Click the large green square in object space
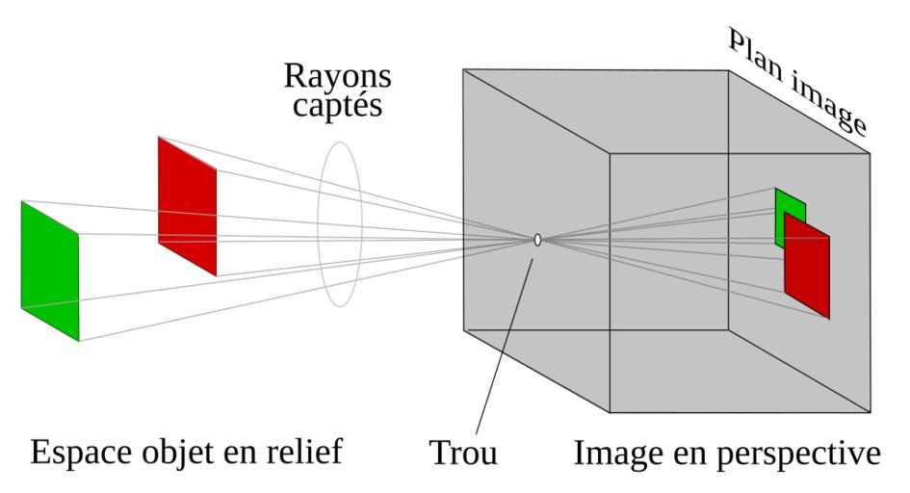[x=49, y=271]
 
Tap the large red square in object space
[x=187, y=206]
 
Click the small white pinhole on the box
[x=537, y=240]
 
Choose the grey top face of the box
[x=664, y=111]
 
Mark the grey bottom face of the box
[x=664, y=371]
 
